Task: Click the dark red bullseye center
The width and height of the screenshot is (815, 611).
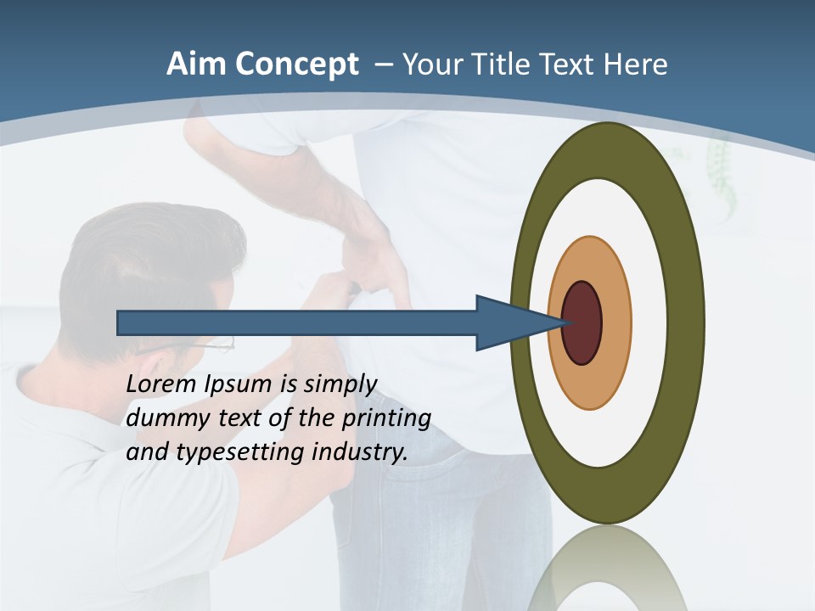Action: [x=582, y=323]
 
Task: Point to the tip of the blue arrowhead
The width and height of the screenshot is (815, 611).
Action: [x=567, y=323]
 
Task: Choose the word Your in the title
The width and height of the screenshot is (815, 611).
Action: [x=432, y=64]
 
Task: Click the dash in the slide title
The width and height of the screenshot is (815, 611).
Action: [x=383, y=64]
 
